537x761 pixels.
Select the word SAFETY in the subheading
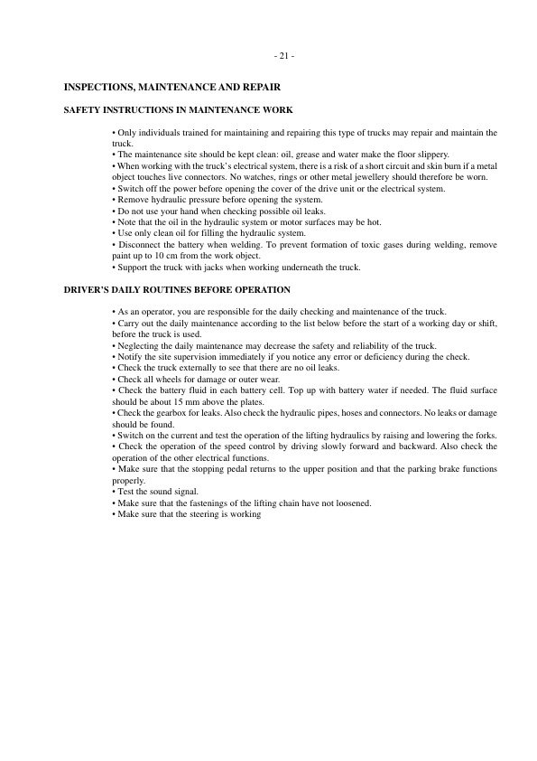(x=83, y=110)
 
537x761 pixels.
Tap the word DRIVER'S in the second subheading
(x=88, y=290)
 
